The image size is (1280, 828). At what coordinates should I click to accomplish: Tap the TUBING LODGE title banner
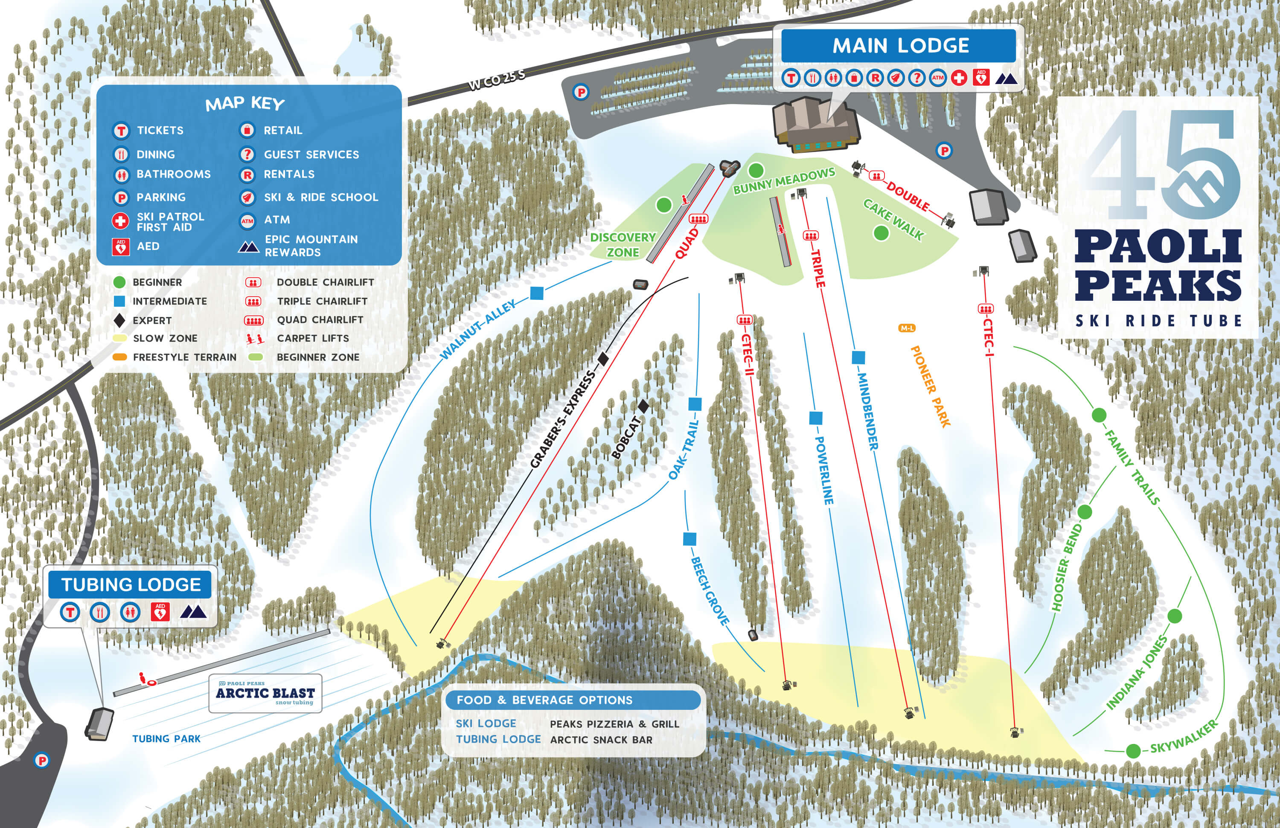click(x=131, y=584)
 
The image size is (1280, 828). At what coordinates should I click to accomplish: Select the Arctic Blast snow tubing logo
click(x=265, y=693)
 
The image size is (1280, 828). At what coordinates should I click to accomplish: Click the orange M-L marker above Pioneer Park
click(x=907, y=328)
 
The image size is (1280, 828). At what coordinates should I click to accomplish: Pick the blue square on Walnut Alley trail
click(x=537, y=293)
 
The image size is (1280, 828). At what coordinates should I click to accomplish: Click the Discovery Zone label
click(x=623, y=244)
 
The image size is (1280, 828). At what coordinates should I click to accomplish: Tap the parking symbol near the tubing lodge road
click(x=41, y=760)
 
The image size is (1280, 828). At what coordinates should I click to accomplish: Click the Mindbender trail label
click(x=867, y=411)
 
